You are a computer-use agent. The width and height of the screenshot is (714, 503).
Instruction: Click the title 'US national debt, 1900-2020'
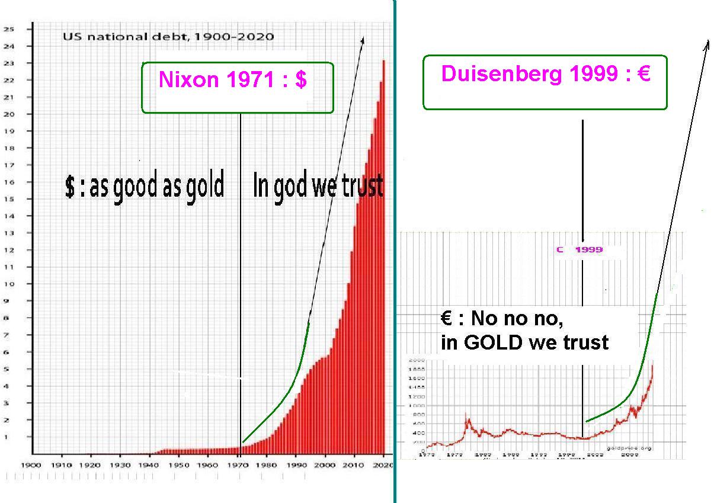tap(168, 37)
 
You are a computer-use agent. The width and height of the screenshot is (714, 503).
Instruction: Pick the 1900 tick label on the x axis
tap(31, 465)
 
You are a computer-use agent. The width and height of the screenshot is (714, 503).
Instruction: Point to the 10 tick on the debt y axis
tap(10, 284)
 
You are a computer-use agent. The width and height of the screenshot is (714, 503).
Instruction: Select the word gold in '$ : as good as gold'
tap(206, 186)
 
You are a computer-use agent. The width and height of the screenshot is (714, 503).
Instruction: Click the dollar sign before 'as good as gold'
tap(70, 187)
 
